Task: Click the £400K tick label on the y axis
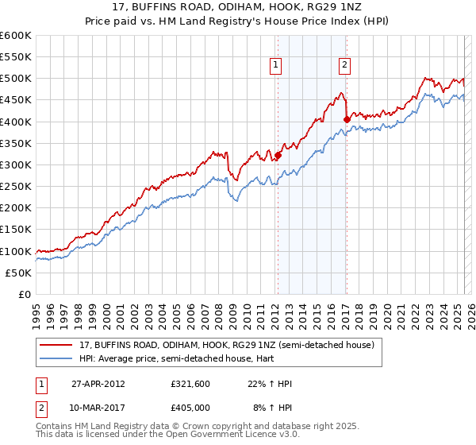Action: tap(16, 122)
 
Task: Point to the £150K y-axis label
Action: tap(16, 230)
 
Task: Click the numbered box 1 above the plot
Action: tap(276, 66)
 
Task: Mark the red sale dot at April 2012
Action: tap(278, 156)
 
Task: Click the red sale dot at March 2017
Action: tap(347, 120)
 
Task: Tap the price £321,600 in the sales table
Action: tap(191, 384)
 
